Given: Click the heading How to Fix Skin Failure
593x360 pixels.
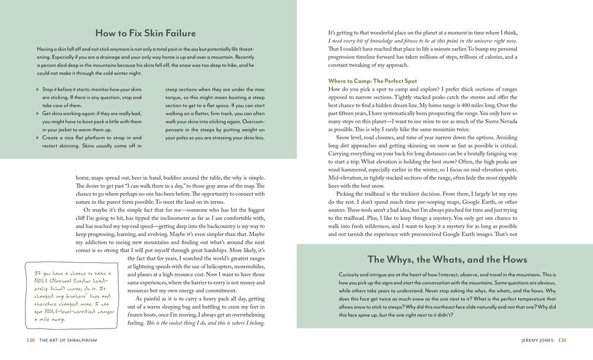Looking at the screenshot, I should point(145,33).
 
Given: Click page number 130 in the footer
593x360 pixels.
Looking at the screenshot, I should point(31,340).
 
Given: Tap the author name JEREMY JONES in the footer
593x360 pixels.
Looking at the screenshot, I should point(536,340).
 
